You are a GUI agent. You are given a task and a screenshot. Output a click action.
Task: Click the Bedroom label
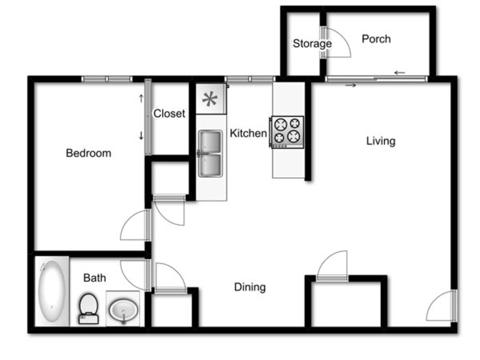pos(88,153)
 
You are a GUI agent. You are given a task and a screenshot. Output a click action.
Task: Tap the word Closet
pos(169,113)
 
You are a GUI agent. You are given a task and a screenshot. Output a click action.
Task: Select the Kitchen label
pos(248,133)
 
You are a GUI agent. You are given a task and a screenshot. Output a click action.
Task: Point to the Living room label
pos(381,141)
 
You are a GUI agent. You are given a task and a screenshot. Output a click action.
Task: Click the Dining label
pos(250,287)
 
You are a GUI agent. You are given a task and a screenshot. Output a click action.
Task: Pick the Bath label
pos(95,278)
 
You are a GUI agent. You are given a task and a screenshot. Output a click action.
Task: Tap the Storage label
pos(312,43)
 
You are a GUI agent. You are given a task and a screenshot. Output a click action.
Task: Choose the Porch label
pos(376,39)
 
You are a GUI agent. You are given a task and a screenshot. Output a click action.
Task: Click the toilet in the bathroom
pos(88,308)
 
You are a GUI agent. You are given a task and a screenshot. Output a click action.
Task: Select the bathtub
pos(52,291)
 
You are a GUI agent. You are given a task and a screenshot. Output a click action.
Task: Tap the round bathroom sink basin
pos(124,310)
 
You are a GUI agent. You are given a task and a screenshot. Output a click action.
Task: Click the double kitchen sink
pos(211,154)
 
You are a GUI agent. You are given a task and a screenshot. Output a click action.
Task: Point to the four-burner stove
pos(287,132)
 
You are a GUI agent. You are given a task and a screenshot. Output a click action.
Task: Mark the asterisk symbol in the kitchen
pos(210,99)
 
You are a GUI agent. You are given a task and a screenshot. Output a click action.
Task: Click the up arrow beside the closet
pos(141,98)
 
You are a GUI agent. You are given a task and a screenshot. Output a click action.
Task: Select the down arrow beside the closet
pos(141,136)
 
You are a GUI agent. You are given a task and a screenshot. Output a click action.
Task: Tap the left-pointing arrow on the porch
pos(400,73)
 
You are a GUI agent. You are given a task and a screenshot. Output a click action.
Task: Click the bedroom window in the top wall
pos(107,79)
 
